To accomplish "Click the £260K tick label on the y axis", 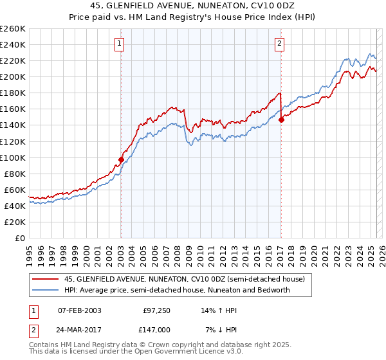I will (x=13, y=28).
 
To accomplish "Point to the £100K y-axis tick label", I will (x=13, y=157).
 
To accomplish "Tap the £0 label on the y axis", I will (x=20, y=239).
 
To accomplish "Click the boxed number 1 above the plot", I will (x=120, y=44).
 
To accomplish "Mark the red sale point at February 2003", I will (x=121, y=159).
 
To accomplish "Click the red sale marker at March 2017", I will (x=281, y=120).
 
